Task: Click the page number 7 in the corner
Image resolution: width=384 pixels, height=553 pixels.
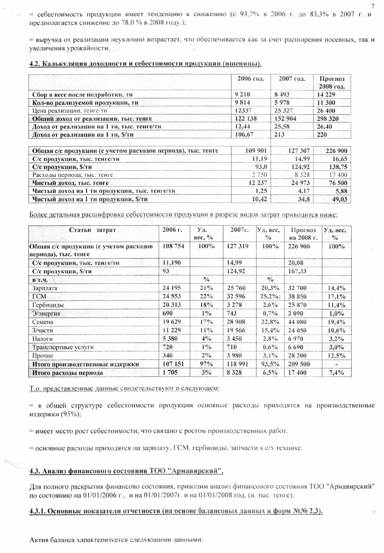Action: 372,6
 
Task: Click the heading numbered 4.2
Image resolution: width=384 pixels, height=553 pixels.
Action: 145,63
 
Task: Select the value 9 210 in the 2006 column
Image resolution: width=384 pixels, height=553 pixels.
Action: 242,95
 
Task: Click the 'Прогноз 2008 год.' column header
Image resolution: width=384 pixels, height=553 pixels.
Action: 332,82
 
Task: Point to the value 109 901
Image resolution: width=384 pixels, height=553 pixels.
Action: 256,151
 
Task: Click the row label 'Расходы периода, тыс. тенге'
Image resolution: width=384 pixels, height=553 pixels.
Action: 72,175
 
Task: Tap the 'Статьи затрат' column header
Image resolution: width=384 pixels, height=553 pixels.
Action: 92,230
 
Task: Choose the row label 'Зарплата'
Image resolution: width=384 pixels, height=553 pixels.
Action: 45,288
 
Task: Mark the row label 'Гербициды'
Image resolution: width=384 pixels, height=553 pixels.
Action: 48,305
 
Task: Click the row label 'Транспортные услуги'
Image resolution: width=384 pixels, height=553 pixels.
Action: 63,347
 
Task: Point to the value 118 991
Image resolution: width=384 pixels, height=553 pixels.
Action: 237,364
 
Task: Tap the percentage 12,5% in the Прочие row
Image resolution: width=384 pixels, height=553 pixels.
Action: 337,356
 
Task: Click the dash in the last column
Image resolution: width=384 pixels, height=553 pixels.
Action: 337,364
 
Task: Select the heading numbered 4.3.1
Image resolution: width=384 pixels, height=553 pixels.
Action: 176,511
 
